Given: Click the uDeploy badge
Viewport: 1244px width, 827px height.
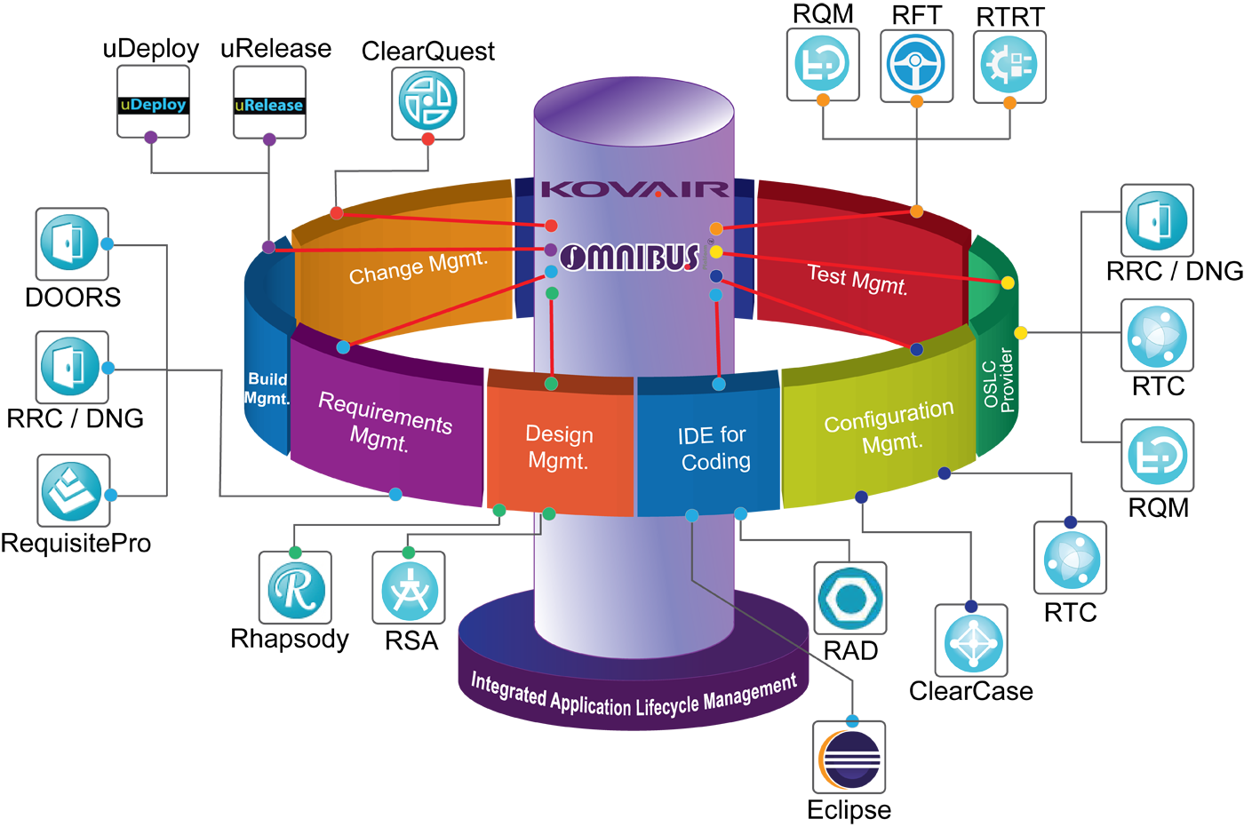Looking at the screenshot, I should point(153,105).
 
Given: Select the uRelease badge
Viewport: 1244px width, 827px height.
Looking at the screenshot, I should point(268,105).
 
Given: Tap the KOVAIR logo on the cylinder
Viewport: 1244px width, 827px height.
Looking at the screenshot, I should point(634,188).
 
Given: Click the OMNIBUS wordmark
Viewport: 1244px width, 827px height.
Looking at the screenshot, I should point(632,258).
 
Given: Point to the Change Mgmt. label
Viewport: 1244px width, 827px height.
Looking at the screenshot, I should point(419,267).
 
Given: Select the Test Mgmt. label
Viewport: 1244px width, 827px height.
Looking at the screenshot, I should point(857,280).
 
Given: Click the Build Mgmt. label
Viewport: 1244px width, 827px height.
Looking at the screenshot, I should point(267,389).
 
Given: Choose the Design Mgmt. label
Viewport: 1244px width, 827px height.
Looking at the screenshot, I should point(559,447).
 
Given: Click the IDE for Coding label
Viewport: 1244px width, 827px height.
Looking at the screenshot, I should point(714,448).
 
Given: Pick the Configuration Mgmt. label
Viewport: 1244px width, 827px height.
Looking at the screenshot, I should point(889,427).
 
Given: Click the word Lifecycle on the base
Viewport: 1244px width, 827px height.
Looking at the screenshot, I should point(666,706).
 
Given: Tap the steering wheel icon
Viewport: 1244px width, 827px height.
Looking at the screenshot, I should point(915,64).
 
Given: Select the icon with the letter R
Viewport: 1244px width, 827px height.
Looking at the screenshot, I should point(296,589).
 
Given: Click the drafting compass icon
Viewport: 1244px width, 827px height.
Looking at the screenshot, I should point(409,591).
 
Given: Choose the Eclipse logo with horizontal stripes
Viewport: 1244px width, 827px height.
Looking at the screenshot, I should point(849,760).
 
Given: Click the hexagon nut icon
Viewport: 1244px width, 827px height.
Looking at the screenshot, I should point(849,598).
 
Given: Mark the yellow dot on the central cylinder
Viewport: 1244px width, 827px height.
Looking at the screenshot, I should point(716,251).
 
